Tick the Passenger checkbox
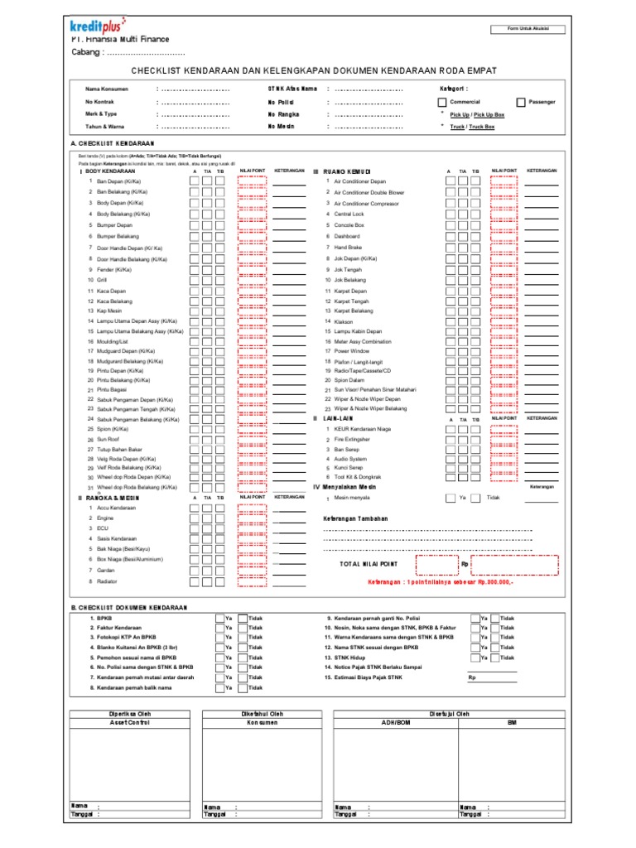(520, 102)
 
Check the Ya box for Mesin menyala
(450, 498)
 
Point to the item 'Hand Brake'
(349, 247)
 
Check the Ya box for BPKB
(220, 618)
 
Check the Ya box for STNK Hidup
(475, 658)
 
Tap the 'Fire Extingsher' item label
(352, 439)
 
